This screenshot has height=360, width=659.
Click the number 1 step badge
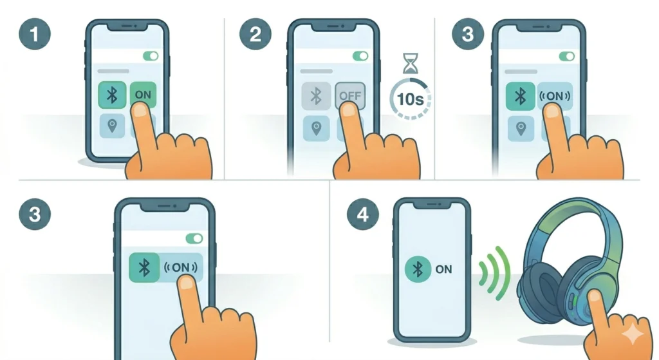tap(35, 34)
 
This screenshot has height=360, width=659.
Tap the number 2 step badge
tap(255, 34)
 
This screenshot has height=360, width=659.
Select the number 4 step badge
tap(363, 214)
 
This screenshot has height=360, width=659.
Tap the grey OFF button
tap(350, 97)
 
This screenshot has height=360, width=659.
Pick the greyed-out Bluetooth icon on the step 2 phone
tap(316, 97)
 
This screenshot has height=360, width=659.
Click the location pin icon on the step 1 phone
tap(112, 126)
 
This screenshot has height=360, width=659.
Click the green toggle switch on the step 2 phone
tap(359, 56)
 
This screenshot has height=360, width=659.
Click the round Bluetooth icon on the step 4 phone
tap(418, 269)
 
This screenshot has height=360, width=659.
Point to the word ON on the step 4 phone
tap(444, 270)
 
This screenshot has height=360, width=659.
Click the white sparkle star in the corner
tap(633, 334)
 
